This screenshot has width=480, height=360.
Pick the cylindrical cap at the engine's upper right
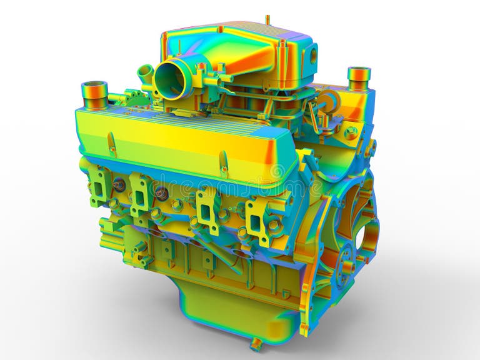point(359,77)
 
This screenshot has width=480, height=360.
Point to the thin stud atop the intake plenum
point(267,20)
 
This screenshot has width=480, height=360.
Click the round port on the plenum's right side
point(312,55)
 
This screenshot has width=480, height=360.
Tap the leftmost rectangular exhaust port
point(100,186)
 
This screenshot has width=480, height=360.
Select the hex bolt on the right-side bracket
point(351,132)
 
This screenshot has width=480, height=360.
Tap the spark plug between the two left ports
point(119,186)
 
